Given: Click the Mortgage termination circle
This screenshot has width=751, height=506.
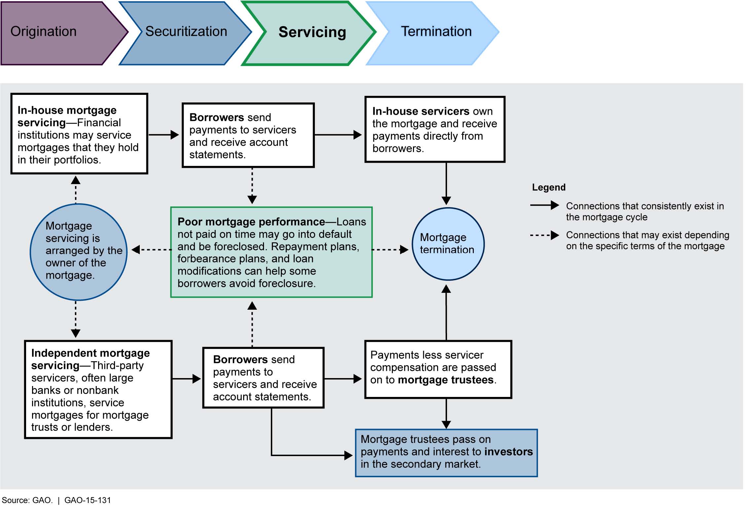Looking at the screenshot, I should tap(448, 244).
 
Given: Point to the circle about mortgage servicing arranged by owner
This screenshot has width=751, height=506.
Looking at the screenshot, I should tap(79, 252).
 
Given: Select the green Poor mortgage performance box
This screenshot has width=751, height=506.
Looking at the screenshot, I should tap(271, 252).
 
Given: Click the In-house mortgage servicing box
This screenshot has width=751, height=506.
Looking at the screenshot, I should tap(79, 134).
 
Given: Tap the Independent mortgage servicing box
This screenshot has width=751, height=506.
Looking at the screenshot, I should tap(98, 389).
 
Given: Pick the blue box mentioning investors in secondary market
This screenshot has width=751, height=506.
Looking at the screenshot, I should tap(446, 452).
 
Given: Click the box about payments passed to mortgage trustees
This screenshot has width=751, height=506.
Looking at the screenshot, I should tap(438, 369).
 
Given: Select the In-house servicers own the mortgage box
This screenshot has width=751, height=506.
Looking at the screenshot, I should tap(434, 129).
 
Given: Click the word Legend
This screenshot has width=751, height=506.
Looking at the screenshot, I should tap(548, 187).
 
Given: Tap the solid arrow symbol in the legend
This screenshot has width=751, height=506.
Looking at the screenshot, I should tap(544, 205).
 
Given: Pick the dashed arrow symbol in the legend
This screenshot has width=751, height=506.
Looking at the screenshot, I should tap(544, 235).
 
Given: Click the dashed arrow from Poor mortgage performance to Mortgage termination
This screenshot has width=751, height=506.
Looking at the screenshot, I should tap(390, 250).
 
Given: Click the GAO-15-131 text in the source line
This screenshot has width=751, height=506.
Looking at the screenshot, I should tap(88, 500).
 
